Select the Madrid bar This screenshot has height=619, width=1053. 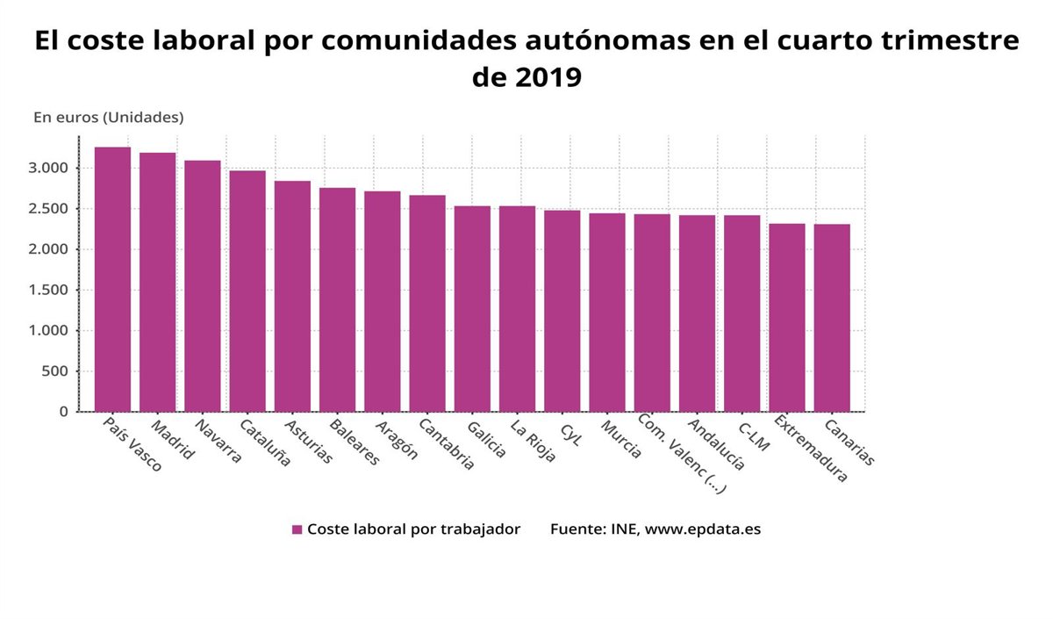(157, 282)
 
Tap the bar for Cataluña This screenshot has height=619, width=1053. (247, 291)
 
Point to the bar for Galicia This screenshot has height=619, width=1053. (472, 308)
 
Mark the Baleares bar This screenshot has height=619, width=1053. (337, 299)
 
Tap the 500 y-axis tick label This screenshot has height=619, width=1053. (54, 371)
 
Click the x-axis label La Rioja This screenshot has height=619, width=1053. (533, 441)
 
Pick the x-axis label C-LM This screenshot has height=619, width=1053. (754, 435)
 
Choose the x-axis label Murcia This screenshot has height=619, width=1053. (621, 439)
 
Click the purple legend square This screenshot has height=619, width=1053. (297, 529)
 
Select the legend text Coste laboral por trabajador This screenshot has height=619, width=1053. (413, 529)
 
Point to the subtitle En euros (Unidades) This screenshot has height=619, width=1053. (108, 117)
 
